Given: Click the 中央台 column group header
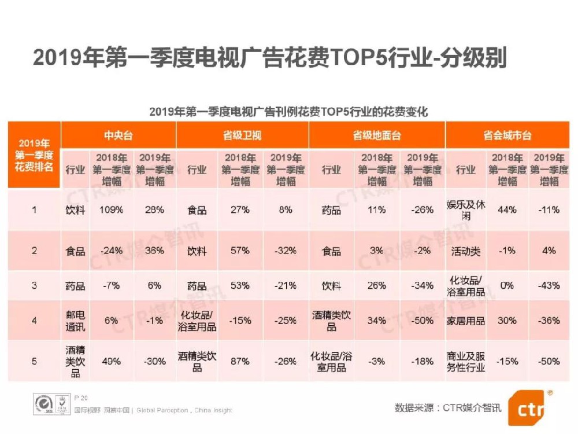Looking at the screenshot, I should [118, 135].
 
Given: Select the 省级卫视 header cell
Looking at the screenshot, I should [242, 135].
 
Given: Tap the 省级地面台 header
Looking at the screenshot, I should [377, 135].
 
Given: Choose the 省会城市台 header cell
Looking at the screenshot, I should [507, 135].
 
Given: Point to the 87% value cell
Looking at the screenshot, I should [240, 361].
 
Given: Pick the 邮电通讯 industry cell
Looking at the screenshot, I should [75, 321].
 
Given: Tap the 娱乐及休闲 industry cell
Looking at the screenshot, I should [466, 210].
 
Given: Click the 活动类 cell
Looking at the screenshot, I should [466, 251].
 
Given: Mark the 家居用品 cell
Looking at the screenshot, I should [466, 321].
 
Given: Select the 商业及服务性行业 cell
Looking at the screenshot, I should [466, 361].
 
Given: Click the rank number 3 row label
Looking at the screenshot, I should [34, 285].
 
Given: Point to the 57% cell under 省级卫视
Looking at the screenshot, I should [240, 251].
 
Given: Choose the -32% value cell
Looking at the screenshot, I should [285, 251].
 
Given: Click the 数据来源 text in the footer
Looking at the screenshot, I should [415, 407].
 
